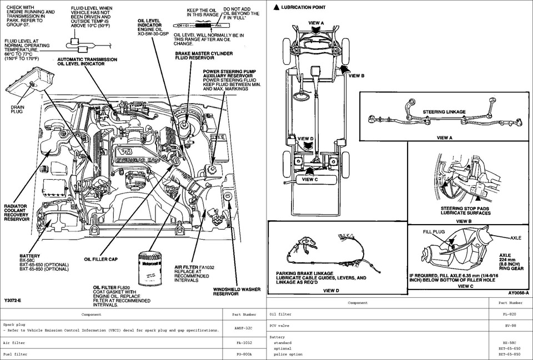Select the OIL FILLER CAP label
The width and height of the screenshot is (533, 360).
100,258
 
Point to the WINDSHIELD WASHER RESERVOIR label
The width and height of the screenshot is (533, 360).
234,291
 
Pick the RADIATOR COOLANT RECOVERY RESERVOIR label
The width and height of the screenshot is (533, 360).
17,212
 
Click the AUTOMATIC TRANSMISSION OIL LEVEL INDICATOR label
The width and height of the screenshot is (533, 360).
87,62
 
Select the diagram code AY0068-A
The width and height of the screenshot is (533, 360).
518,292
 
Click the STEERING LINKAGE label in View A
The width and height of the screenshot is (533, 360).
444,112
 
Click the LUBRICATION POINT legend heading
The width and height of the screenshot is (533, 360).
303,7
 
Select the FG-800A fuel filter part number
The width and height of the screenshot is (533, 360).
244,353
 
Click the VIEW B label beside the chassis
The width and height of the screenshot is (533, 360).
356,75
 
